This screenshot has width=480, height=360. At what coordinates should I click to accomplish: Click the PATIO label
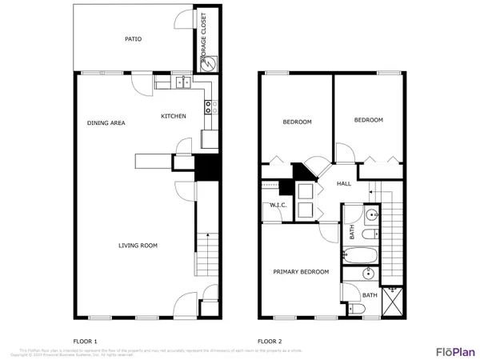point(133,38)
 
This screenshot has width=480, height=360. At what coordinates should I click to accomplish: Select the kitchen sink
point(183,81)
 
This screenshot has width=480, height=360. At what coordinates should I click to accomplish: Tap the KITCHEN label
point(174,116)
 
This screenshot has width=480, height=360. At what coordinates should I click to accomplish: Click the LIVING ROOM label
point(137,246)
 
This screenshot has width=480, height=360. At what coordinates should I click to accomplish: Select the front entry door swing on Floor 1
point(183,304)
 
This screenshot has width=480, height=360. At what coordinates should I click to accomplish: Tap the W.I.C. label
point(278,206)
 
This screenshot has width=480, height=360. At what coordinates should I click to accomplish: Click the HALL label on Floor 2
point(344,183)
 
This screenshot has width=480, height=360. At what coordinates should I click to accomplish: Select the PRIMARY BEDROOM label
point(301,272)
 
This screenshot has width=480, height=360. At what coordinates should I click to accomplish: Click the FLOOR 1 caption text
point(85,340)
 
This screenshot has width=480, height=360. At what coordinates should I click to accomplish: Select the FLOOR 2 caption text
point(269,340)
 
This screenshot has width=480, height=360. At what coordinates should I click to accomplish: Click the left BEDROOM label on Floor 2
point(297,122)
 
